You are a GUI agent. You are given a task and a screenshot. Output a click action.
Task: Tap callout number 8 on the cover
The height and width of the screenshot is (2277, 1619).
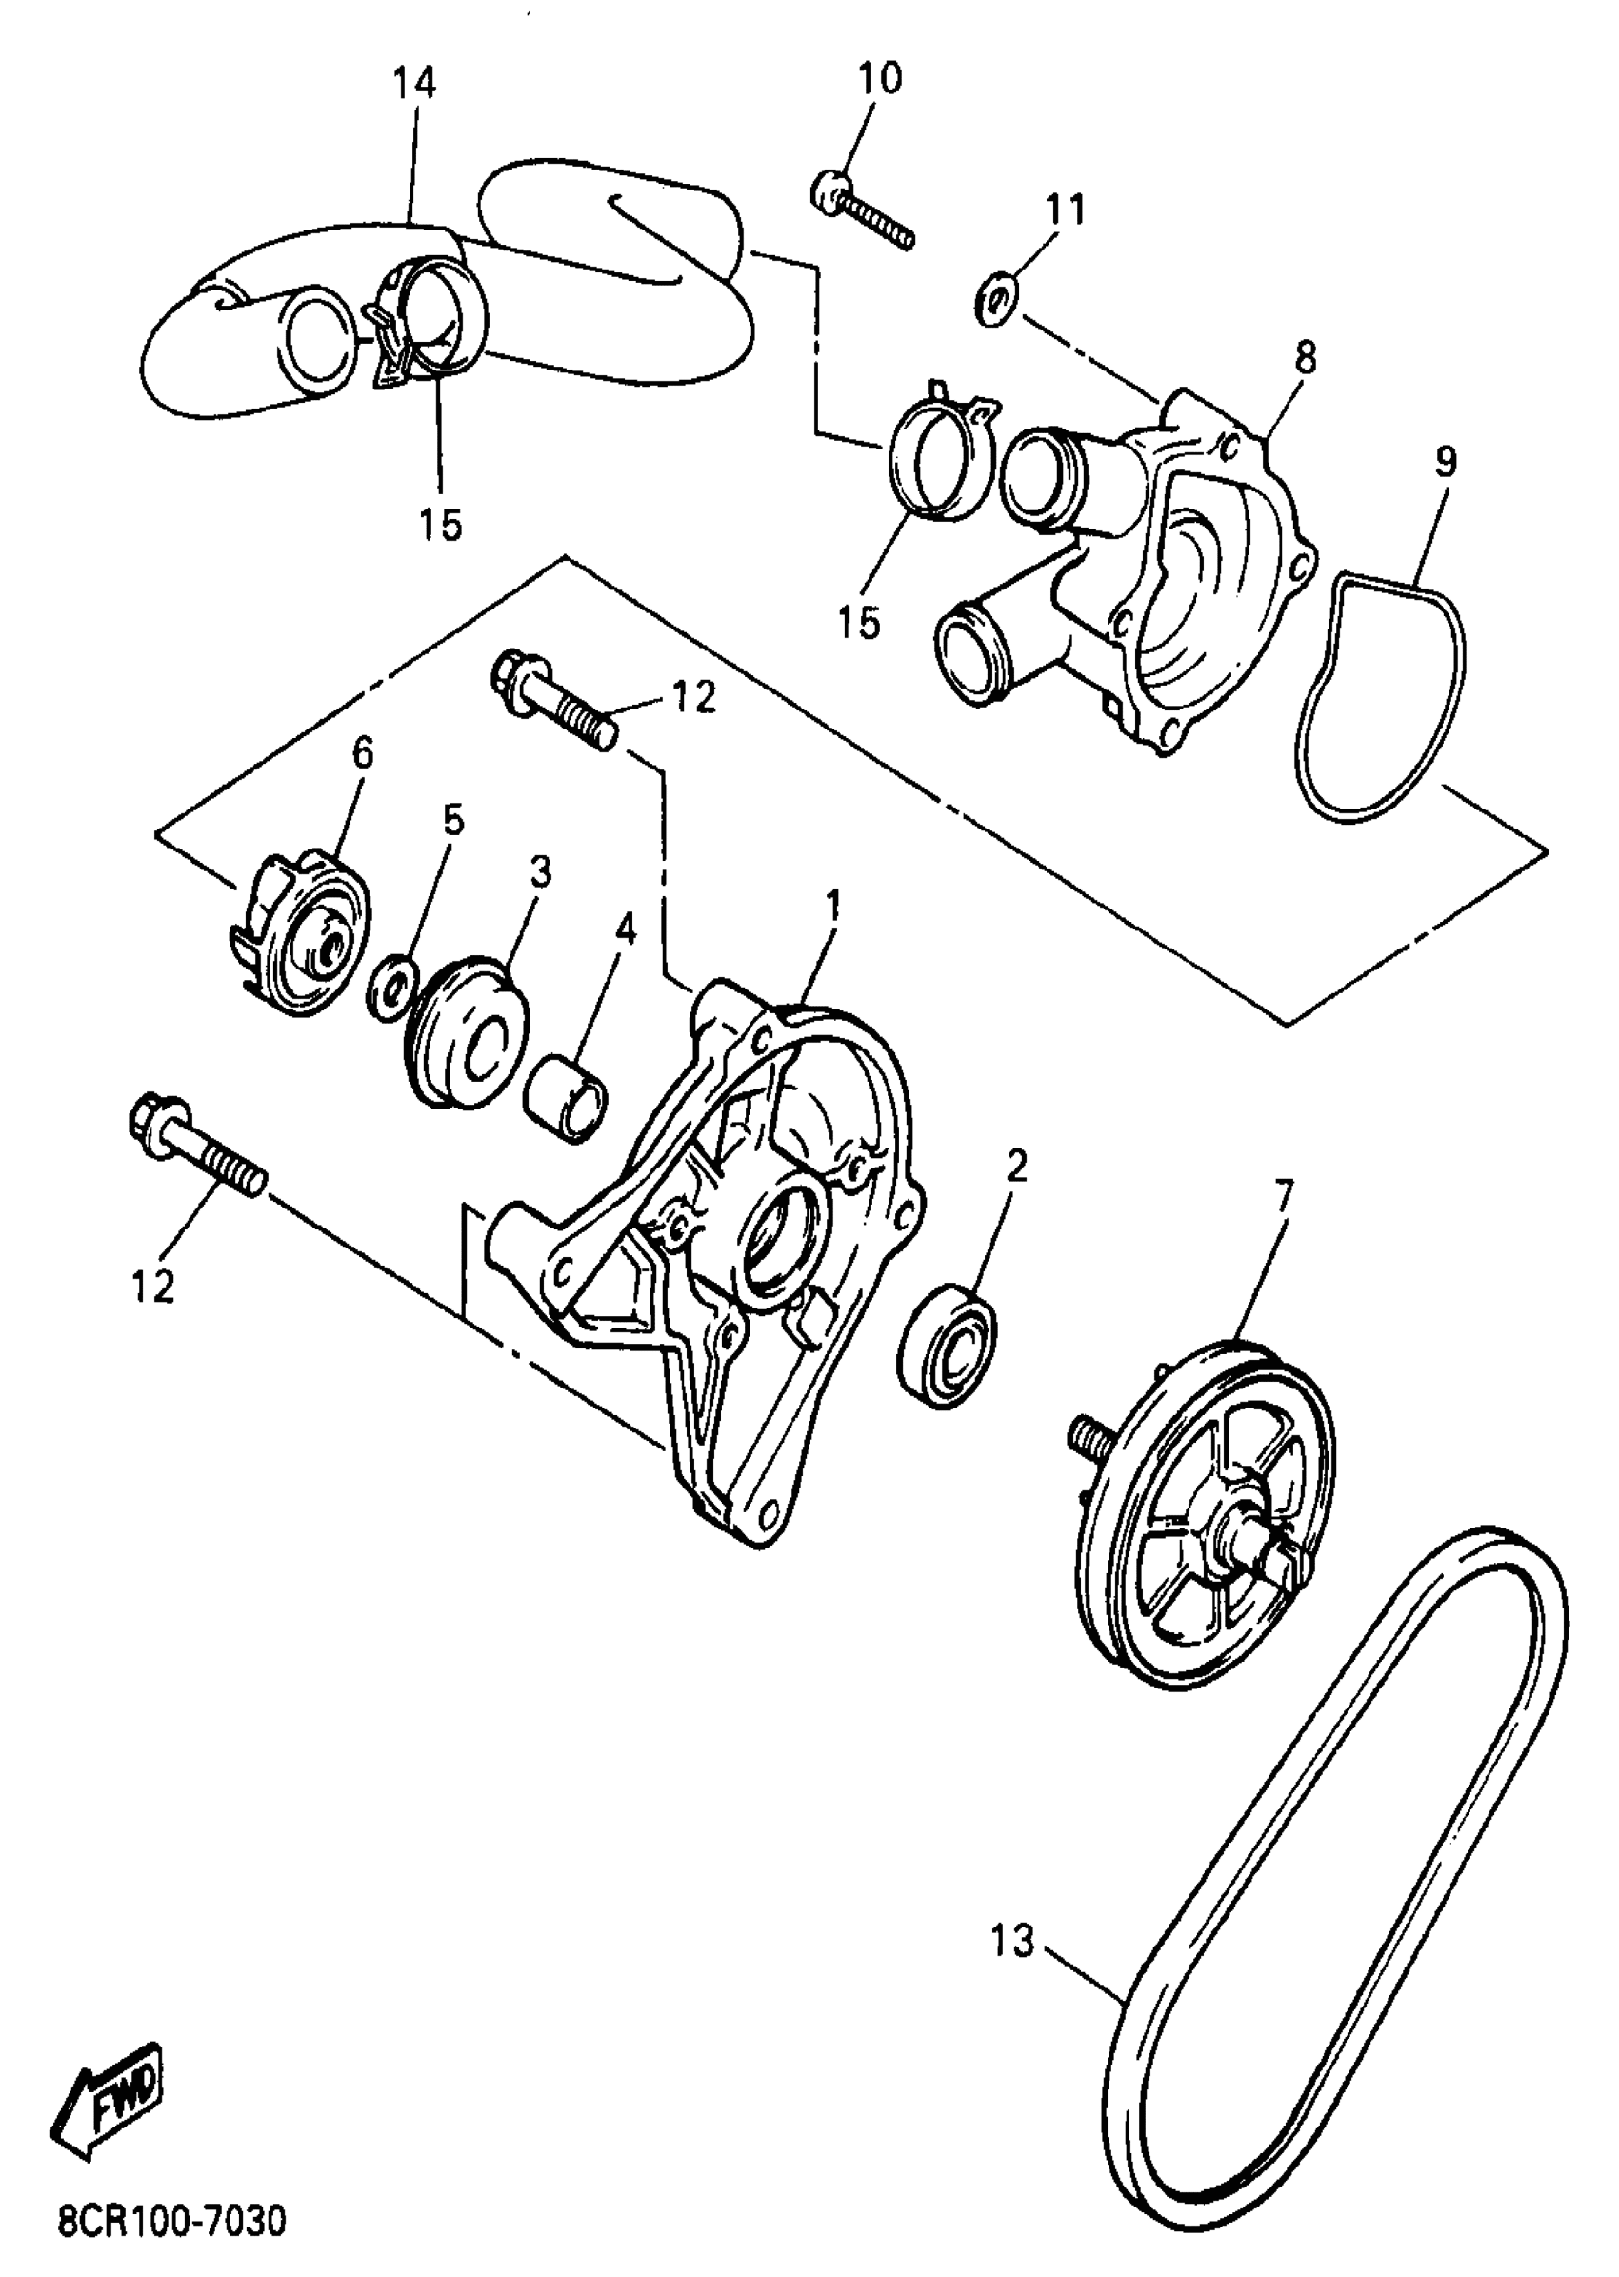coord(1305,358)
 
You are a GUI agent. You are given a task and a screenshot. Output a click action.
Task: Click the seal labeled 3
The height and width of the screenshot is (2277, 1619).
coord(469,1031)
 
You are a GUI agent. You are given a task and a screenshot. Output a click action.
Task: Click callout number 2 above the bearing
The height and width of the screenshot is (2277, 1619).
coord(1016,1165)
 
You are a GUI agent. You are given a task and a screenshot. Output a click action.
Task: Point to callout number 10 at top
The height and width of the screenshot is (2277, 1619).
coord(879,78)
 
